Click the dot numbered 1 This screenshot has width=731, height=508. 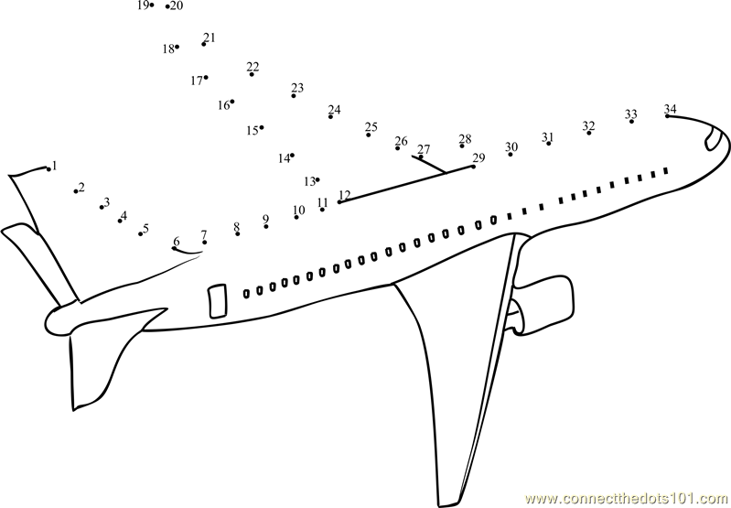(x=48, y=168)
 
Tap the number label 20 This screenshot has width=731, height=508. (x=177, y=5)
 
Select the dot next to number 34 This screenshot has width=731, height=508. (x=667, y=115)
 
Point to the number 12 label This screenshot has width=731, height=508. (x=345, y=195)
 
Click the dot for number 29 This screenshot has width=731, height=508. (x=474, y=167)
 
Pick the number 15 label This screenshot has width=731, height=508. (x=253, y=131)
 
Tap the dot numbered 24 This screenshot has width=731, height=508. (x=330, y=116)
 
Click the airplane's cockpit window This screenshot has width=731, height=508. (x=713, y=138)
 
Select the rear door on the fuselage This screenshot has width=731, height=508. (x=217, y=301)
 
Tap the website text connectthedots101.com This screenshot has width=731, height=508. (x=627, y=500)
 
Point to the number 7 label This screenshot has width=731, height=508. (x=204, y=234)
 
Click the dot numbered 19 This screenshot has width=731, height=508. (x=152, y=5)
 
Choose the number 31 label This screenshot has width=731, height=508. (x=547, y=137)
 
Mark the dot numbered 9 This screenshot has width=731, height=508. (x=265, y=227)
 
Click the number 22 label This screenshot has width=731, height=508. (x=253, y=67)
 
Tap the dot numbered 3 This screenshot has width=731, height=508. (x=102, y=207)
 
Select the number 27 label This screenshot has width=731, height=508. (x=424, y=149)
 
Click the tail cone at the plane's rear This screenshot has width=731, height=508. (x=59, y=322)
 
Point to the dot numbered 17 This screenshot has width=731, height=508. (x=206, y=78)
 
